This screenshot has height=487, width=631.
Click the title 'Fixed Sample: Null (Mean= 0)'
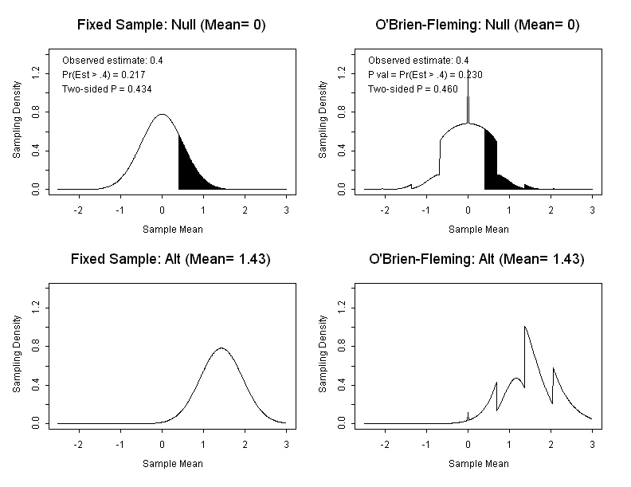[x=171, y=25]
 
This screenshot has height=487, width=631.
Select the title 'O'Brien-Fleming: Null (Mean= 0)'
[x=477, y=25]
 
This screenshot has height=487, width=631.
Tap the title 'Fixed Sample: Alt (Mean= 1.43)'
[x=171, y=259]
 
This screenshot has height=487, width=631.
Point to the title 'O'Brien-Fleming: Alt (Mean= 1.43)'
[x=477, y=259]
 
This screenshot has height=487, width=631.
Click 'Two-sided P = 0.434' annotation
[x=106, y=88]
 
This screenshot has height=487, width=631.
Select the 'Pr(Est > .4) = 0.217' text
[x=104, y=74]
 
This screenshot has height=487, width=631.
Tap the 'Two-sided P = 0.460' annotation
[x=412, y=88]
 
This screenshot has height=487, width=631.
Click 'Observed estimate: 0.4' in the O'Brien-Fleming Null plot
[x=418, y=60]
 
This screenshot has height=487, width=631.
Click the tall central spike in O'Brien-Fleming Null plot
[x=468, y=100]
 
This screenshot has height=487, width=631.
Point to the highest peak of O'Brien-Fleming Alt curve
[x=524, y=326]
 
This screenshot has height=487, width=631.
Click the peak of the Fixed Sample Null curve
[x=162, y=114]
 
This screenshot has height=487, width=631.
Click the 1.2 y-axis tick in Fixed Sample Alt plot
[x=34, y=307]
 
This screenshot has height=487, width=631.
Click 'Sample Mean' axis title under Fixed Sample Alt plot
[x=172, y=463]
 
